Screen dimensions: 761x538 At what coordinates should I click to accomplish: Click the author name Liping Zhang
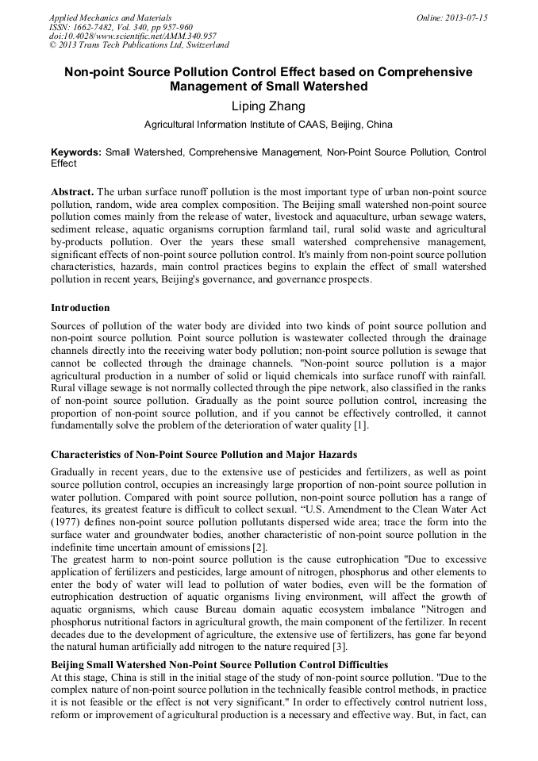click(x=268, y=106)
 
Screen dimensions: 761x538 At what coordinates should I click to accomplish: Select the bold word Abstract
click(x=72, y=193)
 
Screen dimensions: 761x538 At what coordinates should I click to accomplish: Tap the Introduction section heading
click(x=80, y=308)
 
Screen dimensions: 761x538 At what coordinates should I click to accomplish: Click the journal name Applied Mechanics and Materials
click(x=110, y=17)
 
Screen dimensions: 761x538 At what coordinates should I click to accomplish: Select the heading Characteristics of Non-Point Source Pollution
click(x=204, y=455)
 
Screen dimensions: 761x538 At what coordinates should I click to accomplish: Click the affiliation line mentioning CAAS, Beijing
click(x=268, y=125)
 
